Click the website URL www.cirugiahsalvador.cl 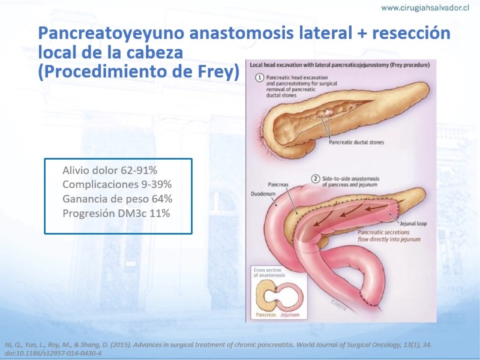click(425, 8)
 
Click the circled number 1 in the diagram click(260, 77)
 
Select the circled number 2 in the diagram click(316, 179)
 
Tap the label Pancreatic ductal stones click(356, 142)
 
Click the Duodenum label click(263, 194)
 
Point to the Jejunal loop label click(413, 224)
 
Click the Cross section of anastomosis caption click(269, 272)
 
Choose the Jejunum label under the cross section click(290, 314)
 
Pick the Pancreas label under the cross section click(266, 314)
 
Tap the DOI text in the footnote click(53, 353)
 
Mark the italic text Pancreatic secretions click(383, 232)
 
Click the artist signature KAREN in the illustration click(339, 305)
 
